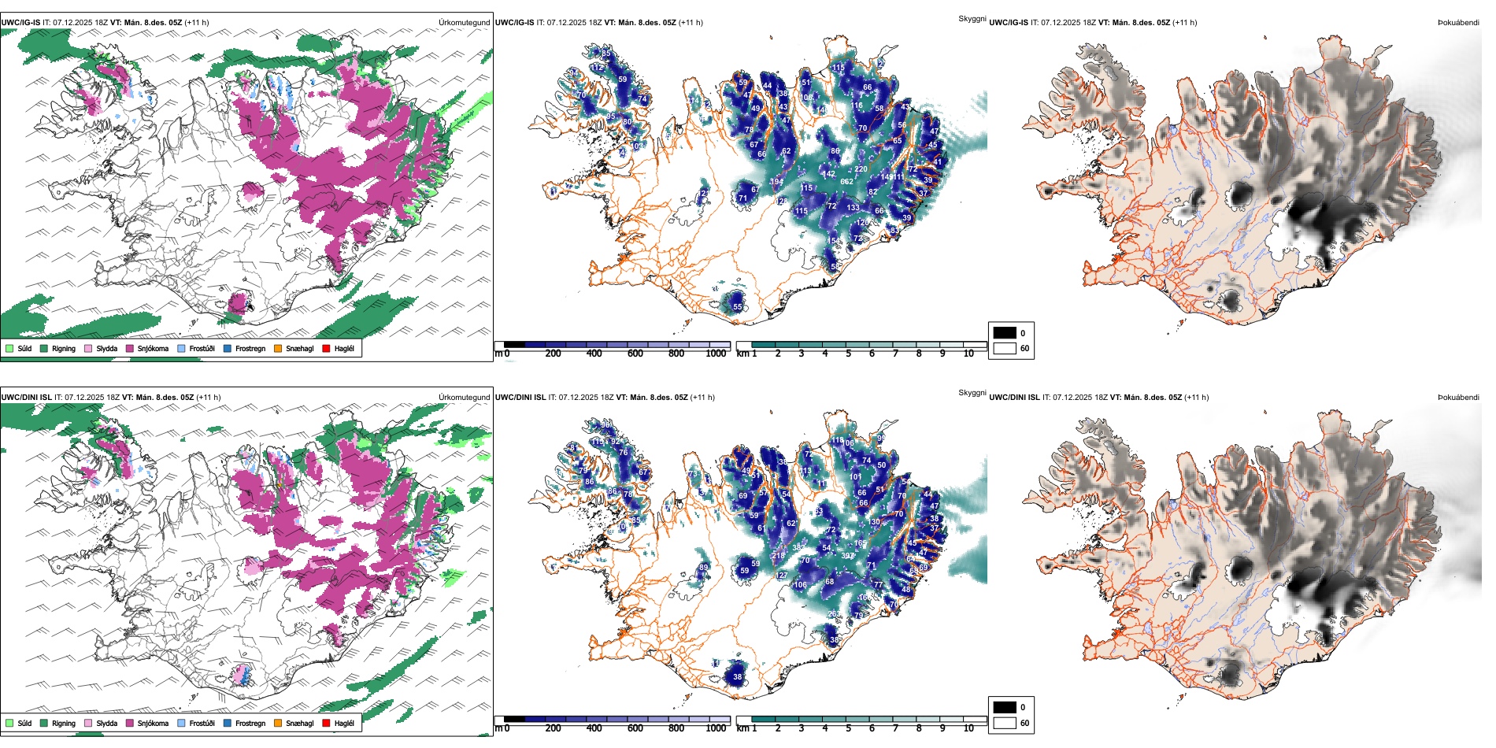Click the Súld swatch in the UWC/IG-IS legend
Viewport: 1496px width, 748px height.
point(9,348)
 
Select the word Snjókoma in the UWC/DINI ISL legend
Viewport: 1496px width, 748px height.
point(153,723)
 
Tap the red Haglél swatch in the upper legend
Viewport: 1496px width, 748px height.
point(327,348)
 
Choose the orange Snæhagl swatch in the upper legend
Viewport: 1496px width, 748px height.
point(278,348)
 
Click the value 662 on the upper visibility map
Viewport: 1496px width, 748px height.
point(846,181)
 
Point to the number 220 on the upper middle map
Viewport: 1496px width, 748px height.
point(861,169)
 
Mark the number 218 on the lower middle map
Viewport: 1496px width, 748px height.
point(778,556)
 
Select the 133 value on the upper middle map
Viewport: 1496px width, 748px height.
point(853,208)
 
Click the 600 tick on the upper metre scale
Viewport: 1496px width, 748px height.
point(635,354)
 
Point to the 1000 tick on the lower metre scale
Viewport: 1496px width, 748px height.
point(716,728)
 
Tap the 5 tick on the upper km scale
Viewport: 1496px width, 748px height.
point(849,354)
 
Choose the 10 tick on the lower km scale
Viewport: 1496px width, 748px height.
point(968,728)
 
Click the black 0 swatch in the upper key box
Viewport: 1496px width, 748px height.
point(1005,333)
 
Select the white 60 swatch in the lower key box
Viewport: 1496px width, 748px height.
point(1005,723)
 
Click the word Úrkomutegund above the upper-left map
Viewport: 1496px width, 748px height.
point(464,23)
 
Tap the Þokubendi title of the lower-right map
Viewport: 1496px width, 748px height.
point(1458,398)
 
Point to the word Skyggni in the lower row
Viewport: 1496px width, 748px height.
point(972,392)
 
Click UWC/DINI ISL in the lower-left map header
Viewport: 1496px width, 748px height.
point(27,398)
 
